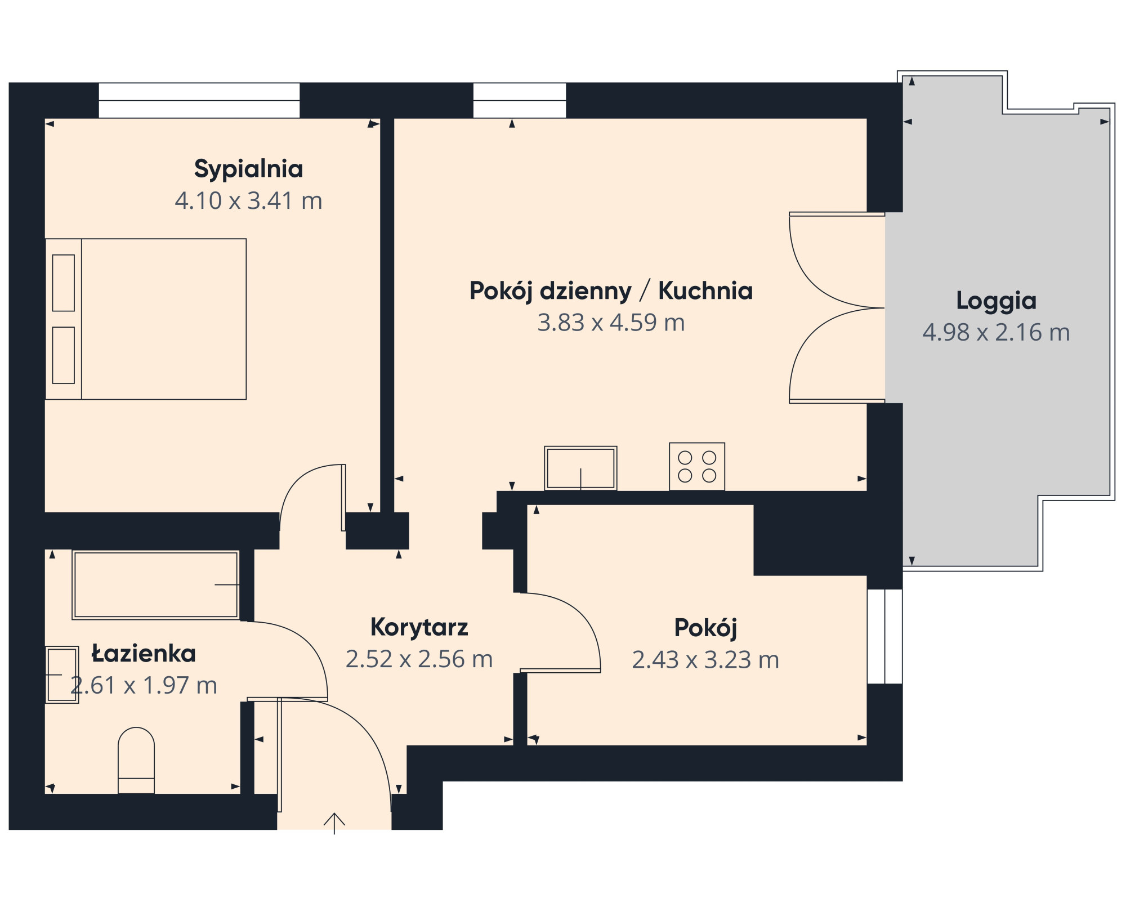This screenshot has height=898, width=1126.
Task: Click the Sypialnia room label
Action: click(248, 169)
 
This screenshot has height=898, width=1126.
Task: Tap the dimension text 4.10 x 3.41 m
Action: click(248, 201)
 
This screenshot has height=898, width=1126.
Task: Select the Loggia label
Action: click(996, 302)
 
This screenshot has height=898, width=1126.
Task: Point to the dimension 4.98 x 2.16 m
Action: click(996, 333)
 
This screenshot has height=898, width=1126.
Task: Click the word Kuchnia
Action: click(705, 291)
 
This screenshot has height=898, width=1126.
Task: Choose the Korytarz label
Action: click(419, 627)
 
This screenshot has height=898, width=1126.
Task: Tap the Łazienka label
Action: click(144, 654)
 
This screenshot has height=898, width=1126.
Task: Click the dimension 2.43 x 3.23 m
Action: click(705, 660)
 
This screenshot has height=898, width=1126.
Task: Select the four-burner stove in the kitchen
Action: click(697, 466)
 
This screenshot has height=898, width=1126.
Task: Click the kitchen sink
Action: click(580, 468)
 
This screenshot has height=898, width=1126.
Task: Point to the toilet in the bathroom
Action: click(136, 760)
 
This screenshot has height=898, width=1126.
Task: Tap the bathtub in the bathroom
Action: click(156, 585)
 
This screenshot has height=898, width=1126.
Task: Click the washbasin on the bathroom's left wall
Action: click(62, 674)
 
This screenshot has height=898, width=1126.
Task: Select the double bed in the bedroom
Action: click(146, 319)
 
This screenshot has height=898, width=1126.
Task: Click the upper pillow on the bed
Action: click(64, 283)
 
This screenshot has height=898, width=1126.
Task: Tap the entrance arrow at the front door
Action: click(334, 823)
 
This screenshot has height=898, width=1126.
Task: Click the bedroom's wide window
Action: click(199, 101)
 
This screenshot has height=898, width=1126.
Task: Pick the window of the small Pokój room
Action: click(885, 636)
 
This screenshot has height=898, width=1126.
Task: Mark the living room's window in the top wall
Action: click(519, 101)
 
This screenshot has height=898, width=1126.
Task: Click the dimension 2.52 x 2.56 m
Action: click(419, 659)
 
